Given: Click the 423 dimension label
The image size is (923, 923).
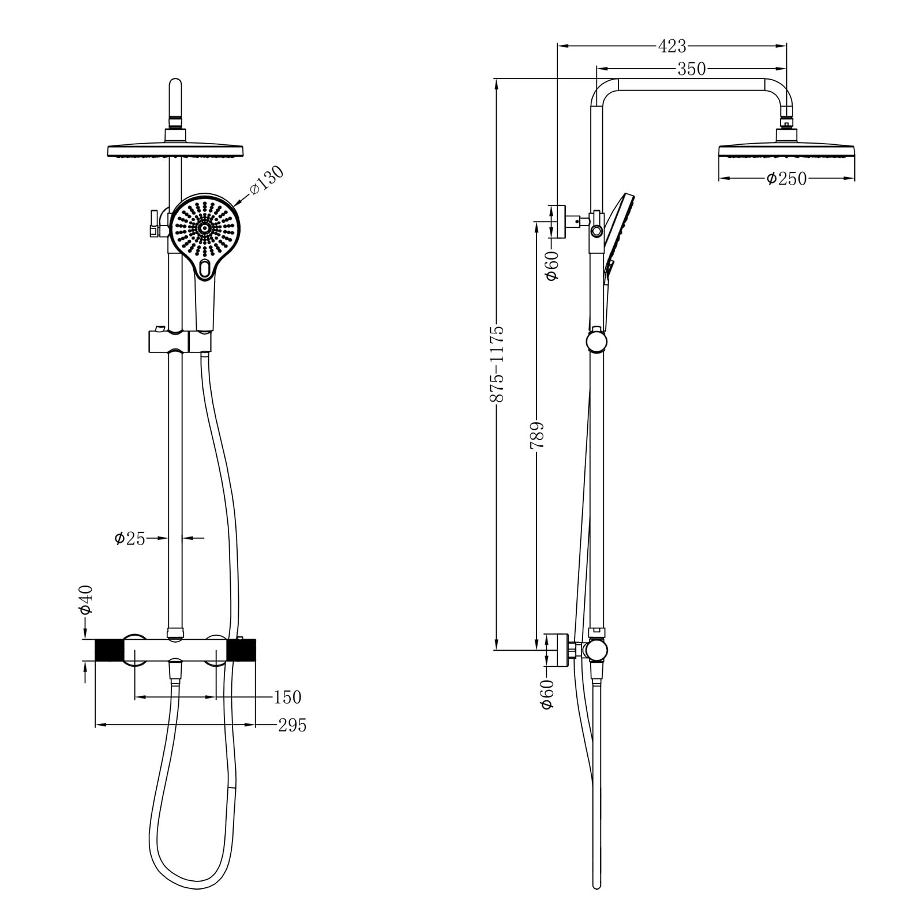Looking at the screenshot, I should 672,46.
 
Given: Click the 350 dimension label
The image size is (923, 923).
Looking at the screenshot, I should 691,69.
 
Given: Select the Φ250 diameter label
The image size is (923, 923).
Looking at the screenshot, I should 786,179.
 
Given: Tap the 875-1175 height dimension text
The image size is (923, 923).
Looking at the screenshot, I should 497,364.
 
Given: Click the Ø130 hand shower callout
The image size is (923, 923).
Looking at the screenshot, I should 267,180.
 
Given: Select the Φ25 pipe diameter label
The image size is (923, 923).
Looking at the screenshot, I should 130,539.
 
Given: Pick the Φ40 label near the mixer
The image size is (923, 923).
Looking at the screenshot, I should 86,599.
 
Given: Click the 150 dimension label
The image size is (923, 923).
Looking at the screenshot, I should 287,697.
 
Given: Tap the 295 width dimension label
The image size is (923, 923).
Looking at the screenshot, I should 292,725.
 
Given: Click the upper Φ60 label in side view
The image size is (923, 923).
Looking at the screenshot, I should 552,266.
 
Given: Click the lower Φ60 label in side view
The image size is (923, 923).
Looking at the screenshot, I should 547,694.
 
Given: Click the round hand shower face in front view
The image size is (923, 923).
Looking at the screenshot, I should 204,228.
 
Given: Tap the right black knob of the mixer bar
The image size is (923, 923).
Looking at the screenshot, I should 242,650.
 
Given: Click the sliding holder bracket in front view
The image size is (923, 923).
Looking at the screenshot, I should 181,340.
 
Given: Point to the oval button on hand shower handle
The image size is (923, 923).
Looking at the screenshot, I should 204,268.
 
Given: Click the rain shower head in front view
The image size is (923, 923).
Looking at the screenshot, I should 177,151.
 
